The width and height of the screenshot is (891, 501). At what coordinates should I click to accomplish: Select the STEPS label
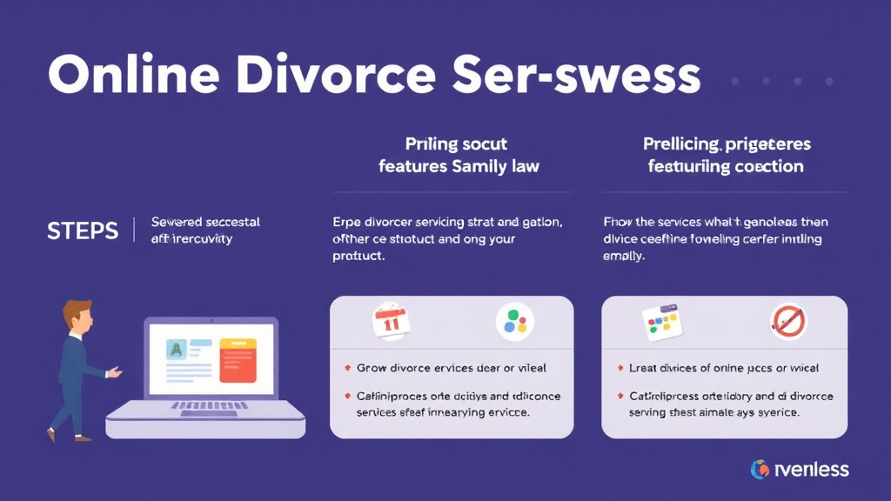pyautogui.click(x=82, y=230)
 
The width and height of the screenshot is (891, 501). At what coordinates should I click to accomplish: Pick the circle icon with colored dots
pyautogui.click(x=515, y=322)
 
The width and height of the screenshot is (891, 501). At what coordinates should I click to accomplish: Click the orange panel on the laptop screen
pyautogui.click(x=238, y=360)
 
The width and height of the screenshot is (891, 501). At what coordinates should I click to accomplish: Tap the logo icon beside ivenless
pyautogui.click(x=760, y=470)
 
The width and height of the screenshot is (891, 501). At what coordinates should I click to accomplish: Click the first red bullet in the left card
pyautogui.click(x=347, y=369)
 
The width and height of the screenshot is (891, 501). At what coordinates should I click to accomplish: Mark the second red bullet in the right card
pyautogui.click(x=620, y=397)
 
